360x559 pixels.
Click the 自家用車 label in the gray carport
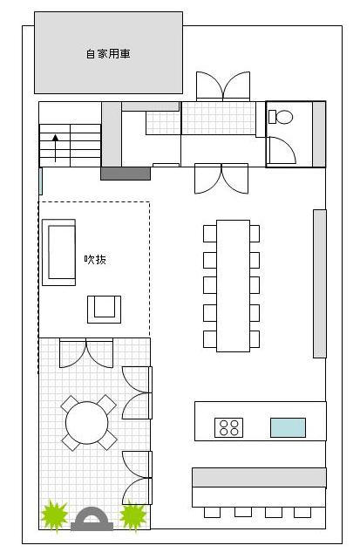click(x=108, y=54)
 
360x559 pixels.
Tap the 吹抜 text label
click(x=95, y=259)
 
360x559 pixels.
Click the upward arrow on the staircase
click(x=55, y=148)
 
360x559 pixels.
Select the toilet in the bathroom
click(x=281, y=117)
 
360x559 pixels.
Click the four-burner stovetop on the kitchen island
click(x=228, y=427)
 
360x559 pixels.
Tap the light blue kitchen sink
click(x=288, y=427)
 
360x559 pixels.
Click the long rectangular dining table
click(x=233, y=286)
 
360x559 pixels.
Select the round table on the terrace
click(x=86, y=423)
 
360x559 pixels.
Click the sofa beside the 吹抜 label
click(x=58, y=252)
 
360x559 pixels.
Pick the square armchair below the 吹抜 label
click(x=104, y=310)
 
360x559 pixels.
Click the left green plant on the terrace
click(x=55, y=515)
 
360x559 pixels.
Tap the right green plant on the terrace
click(x=133, y=515)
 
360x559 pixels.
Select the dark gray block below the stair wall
click(x=126, y=174)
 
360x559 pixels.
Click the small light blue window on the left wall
click(x=41, y=181)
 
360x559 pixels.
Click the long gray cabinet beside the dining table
click(x=320, y=283)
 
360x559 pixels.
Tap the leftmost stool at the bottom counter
click(x=212, y=512)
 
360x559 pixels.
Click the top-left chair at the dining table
click(x=210, y=234)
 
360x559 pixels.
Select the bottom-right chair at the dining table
click(x=255, y=339)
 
